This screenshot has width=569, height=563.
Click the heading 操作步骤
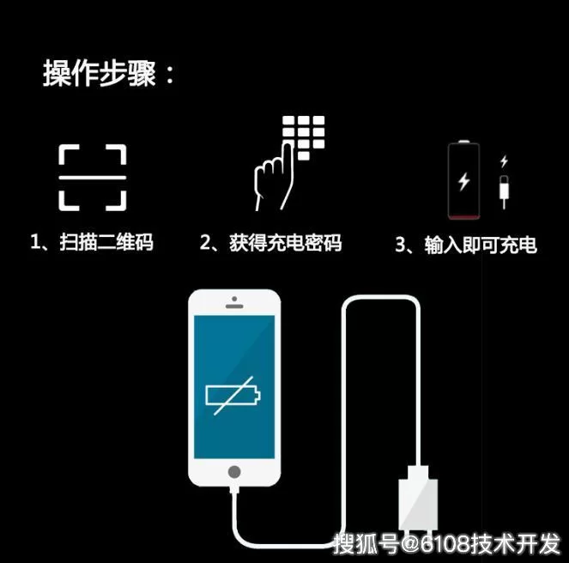tap(100, 73)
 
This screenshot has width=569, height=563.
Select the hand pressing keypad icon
tap(288, 163)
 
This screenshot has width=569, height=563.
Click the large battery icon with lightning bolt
tap(463, 180)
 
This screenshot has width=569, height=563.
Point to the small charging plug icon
tap(504, 191)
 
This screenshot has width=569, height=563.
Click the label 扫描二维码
tap(106, 242)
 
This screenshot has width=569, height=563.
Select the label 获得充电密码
tap(285, 243)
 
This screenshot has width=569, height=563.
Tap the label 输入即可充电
tap(481, 245)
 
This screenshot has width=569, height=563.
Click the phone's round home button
tap(234, 472)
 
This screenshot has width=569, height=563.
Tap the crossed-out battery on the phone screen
tap(233, 396)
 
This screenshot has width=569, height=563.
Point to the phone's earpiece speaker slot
tap(234, 306)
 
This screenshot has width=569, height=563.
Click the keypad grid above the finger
tap(304, 137)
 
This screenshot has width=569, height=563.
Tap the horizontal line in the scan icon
tap(93, 178)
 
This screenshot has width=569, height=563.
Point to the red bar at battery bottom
tap(463, 217)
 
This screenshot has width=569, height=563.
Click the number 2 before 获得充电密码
tap(204, 243)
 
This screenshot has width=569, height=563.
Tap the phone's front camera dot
tap(234, 299)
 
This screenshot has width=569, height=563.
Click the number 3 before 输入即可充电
tap(400, 245)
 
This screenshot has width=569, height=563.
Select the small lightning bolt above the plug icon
tap(504, 161)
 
